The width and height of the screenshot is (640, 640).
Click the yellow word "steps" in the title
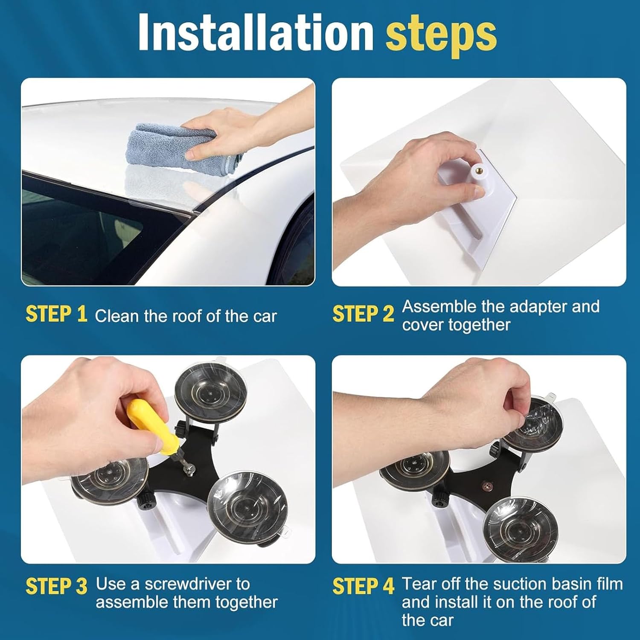point(441,33)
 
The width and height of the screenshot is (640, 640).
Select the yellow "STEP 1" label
point(56,314)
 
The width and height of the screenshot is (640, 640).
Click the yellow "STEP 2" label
point(363,314)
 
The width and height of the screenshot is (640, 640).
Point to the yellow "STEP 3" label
point(56,586)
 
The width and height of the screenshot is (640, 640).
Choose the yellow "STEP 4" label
point(363,586)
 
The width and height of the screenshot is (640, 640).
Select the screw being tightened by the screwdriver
point(188,469)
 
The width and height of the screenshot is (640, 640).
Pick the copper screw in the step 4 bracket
point(486,486)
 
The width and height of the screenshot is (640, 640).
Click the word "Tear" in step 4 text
point(420,584)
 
